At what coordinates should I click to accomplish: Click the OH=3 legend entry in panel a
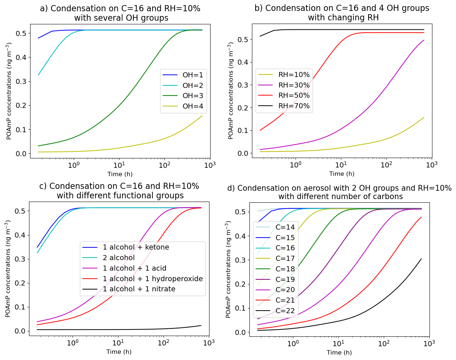pyautogui.click(x=193, y=96)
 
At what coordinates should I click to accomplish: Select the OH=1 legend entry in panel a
pyautogui.click(x=193, y=75)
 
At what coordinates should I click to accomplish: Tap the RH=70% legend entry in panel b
pyautogui.click(x=294, y=106)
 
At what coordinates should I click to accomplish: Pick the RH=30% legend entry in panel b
pyautogui.click(x=294, y=85)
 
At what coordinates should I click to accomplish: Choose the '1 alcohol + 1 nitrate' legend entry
pyautogui.click(x=139, y=289)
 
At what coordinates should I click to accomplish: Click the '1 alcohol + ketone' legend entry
pyautogui.click(x=136, y=247)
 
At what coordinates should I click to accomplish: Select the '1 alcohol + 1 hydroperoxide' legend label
pyautogui.click(x=152, y=279)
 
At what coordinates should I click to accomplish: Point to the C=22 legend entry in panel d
pyautogui.click(x=285, y=311)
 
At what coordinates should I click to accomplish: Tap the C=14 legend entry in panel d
pyautogui.click(x=285, y=227)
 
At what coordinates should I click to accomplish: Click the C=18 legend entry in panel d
pyautogui.click(x=285, y=269)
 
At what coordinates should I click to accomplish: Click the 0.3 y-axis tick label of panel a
pyautogui.click(x=21, y=81)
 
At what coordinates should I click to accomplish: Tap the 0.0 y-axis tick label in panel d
pyautogui.click(x=241, y=332)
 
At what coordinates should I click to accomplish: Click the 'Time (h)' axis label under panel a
pyautogui.click(x=120, y=174)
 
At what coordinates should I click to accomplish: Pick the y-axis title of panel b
pyautogui.click(x=231, y=91)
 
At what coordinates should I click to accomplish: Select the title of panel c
pyautogui.click(x=119, y=191)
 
